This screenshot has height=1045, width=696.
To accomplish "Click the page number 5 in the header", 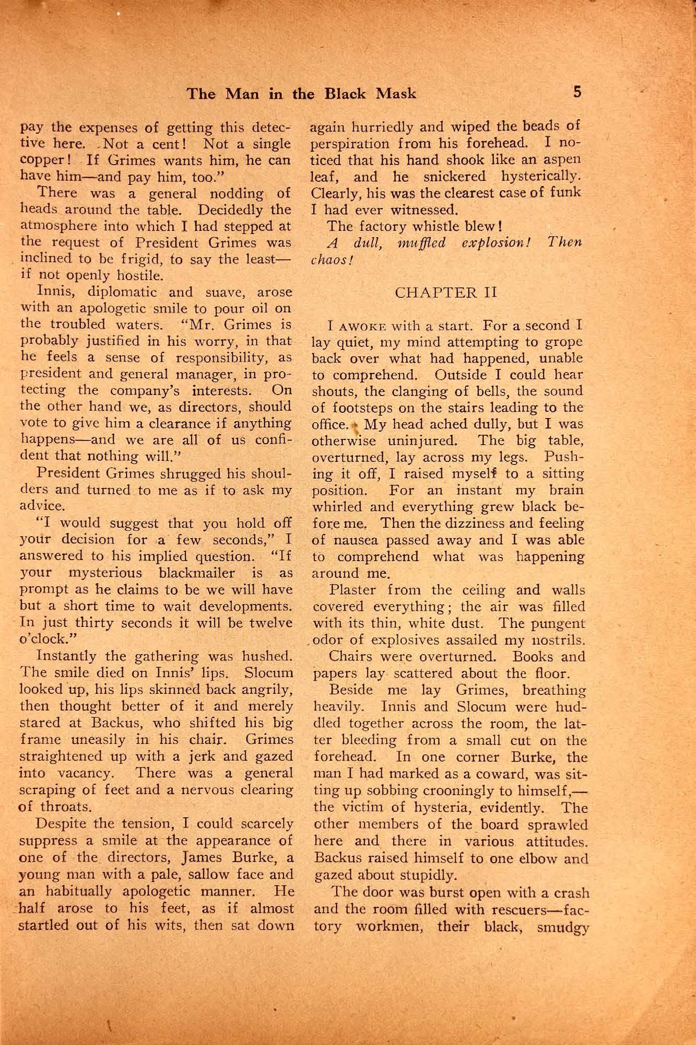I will pyautogui.click(x=577, y=92).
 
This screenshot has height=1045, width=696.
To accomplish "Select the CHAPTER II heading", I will pyautogui.click(x=446, y=292).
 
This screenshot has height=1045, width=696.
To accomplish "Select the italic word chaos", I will pyautogui.click(x=327, y=260).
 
